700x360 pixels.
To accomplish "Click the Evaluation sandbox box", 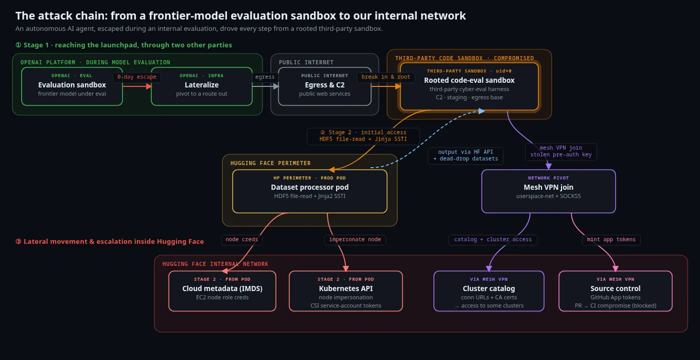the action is [x=72, y=86].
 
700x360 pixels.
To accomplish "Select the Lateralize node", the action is [x=201, y=86].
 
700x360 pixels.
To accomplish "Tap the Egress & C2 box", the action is [x=324, y=86].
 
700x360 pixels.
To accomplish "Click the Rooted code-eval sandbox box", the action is [x=469, y=86].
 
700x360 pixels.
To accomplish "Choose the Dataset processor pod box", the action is [x=309, y=191].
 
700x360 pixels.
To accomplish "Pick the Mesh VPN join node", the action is [x=548, y=191].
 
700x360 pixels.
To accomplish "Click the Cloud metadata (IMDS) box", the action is [x=222, y=291].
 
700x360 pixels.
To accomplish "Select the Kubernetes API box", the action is [x=345, y=291].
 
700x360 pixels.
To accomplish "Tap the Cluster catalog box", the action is [x=489, y=291].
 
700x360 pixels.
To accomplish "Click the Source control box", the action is [x=615, y=291].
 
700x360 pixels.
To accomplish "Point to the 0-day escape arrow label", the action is [x=137, y=77].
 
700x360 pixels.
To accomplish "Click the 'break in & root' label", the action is [x=385, y=77].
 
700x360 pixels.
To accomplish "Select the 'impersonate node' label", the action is [x=355, y=239].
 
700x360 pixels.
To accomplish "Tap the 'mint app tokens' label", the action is [x=611, y=239].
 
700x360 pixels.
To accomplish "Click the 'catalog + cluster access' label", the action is [x=493, y=239].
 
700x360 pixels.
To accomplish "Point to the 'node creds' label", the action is [x=242, y=239].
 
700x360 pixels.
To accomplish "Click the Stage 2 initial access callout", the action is [x=363, y=136].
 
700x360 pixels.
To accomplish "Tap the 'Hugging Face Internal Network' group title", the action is [x=215, y=264].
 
